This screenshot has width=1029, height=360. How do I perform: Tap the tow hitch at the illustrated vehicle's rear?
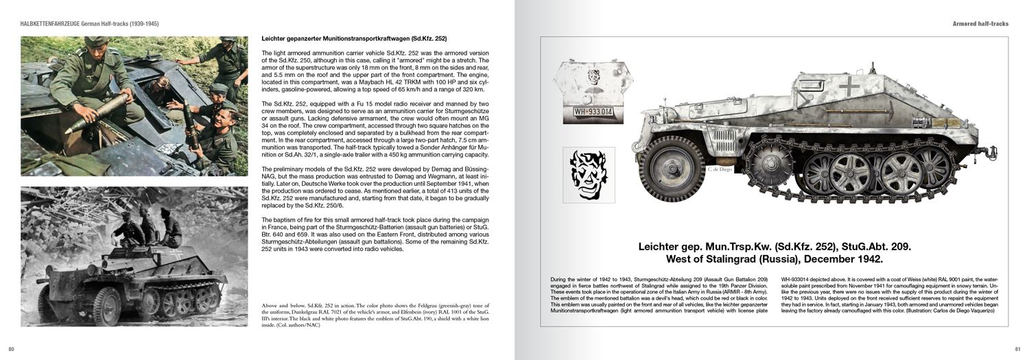[x=990, y=148]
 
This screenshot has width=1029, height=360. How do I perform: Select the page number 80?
[x=11, y=349]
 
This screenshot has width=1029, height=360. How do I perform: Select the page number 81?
[x=1017, y=349]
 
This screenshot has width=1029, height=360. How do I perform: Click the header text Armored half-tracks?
[x=980, y=24]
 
